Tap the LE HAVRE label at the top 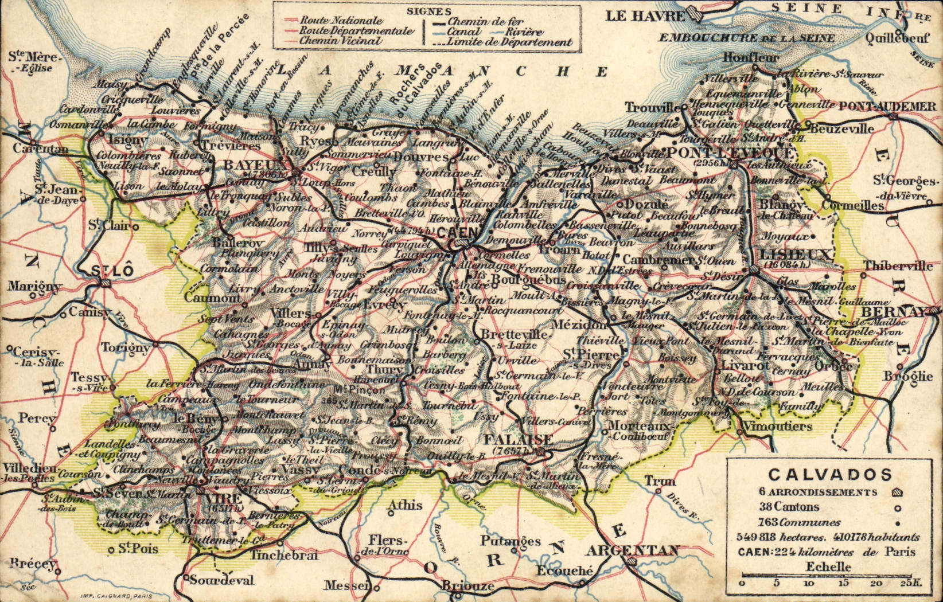coord(645,16)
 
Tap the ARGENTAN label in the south coord(632,551)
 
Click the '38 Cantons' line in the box coord(789,507)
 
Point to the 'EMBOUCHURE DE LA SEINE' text coord(746,38)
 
